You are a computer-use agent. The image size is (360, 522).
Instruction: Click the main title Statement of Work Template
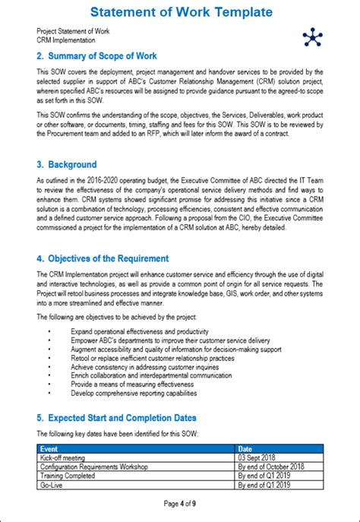click(180, 12)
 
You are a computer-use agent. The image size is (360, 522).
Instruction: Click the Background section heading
click(67, 164)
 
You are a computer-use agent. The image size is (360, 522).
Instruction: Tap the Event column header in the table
click(49, 449)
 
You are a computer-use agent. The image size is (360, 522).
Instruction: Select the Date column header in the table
click(247, 449)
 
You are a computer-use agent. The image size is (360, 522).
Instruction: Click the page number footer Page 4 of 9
click(181, 504)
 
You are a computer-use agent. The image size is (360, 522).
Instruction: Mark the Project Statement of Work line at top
click(72, 31)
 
